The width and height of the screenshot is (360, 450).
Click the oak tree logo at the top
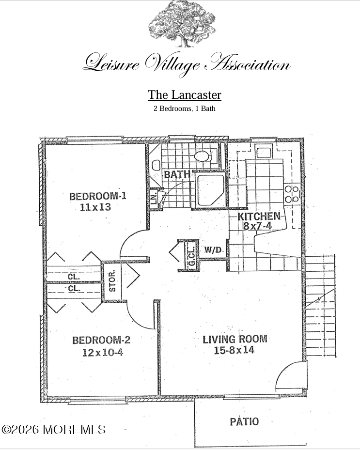click(182, 24)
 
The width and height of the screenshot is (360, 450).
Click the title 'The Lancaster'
click(185, 95)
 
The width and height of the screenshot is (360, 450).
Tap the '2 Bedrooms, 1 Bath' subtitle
click(185, 109)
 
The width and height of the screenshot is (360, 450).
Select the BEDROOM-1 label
click(97, 196)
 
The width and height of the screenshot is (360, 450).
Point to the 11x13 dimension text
click(95, 207)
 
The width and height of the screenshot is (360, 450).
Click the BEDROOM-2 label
click(101, 340)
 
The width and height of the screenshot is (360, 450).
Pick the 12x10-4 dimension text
click(103, 352)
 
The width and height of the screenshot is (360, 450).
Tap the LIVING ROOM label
click(235, 339)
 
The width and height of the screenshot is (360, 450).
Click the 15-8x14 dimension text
click(234, 350)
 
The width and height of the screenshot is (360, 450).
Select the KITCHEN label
click(259, 216)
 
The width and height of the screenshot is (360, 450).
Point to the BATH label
click(177, 174)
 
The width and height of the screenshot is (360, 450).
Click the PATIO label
click(244, 421)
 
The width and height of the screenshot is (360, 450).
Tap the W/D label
click(213, 250)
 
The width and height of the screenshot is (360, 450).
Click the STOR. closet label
click(112, 281)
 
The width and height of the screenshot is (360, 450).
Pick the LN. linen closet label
click(154, 198)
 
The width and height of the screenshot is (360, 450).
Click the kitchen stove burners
click(292, 194)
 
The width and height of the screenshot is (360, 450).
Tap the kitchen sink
click(264, 153)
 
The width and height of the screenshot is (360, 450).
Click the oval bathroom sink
click(202, 156)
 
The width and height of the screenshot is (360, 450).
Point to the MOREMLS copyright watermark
click(54, 430)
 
